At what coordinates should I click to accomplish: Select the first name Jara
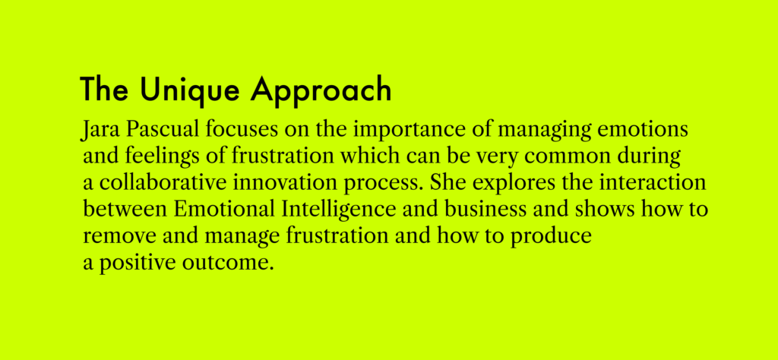[100, 131]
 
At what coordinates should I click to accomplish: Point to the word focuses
[241, 129]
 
